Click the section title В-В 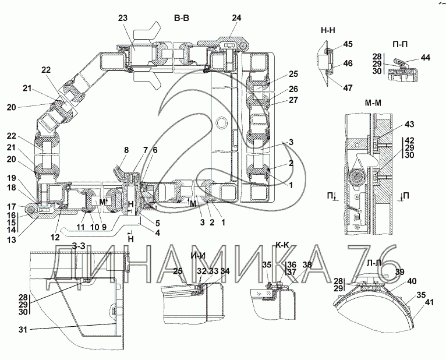[x=182, y=18]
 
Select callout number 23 [x=123, y=18]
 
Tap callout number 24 [x=236, y=18]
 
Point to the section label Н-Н [x=328, y=30]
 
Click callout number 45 [x=348, y=44]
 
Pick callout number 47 [x=348, y=87]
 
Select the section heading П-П [x=399, y=44]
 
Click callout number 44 [x=425, y=58]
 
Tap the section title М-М [x=373, y=103]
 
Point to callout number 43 [x=409, y=124]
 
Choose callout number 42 [x=409, y=140]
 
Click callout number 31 [x=23, y=330]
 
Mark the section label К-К [x=282, y=245]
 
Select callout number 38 [x=307, y=265]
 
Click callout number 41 [x=429, y=302]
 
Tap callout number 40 [x=412, y=281]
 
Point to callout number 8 [x=126, y=150]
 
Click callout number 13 [x=12, y=239]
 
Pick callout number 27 [x=293, y=100]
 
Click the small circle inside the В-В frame [x=222, y=123]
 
